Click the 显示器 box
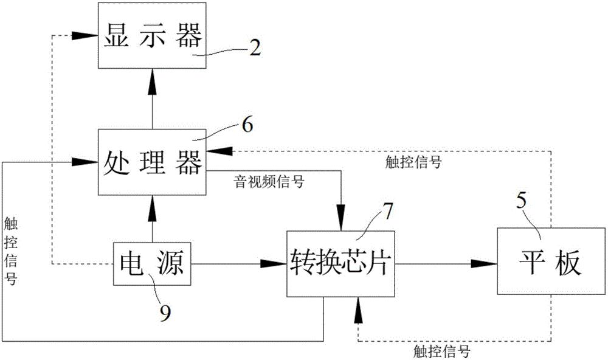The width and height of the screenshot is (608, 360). [x=152, y=35]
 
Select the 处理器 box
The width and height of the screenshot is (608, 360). [x=152, y=162]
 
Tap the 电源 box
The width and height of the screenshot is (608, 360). [x=152, y=264]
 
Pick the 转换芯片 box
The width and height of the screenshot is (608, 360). [x=340, y=264]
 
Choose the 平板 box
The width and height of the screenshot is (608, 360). [x=551, y=261]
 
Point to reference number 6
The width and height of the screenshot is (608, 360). [x=247, y=125]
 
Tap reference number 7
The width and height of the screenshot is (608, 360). [x=388, y=212]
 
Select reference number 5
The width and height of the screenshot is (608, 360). [x=522, y=201]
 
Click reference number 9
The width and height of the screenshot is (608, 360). [x=165, y=313]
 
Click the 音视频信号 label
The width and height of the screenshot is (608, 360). [x=269, y=182]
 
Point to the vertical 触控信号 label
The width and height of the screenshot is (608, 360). [x=10, y=251]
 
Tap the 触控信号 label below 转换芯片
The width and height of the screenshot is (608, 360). [x=441, y=351]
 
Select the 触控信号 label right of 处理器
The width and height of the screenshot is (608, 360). [x=413, y=162]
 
